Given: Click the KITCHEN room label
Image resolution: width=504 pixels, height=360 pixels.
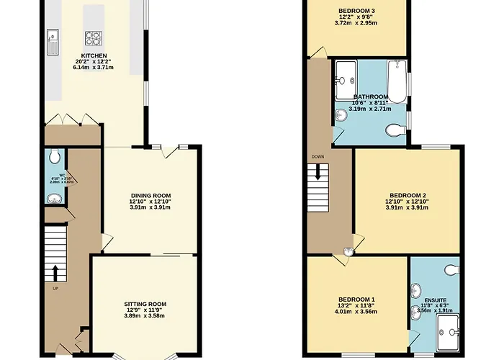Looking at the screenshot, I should pyautogui.click(x=94, y=55).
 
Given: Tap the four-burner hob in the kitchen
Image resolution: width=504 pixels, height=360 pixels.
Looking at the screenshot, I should pyautogui.click(x=95, y=37).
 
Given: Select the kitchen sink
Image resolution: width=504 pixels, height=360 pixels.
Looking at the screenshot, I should pyautogui.click(x=53, y=41).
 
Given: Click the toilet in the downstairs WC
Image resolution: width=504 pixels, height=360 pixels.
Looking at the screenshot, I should pyautogui.click(x=55, y=157).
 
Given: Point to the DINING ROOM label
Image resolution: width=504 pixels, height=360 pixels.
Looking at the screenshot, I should pyautogui.click(x=150, y=195).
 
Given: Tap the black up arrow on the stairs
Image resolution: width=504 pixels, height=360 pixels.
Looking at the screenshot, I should pyautogui.click(x=55, y=273).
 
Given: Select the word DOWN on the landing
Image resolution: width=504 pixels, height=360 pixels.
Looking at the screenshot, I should pyautogui.click(x=318, y=156).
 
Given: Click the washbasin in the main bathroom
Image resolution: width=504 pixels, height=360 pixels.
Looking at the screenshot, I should pyautogui.click(x=340, y=113).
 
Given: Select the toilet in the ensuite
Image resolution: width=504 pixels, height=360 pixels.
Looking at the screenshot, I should pyautogui.click(x=451, y=269).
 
